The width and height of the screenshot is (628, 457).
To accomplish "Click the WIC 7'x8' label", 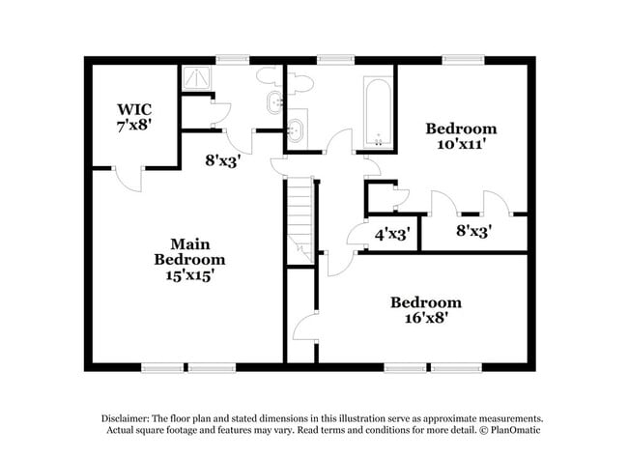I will [134, 117].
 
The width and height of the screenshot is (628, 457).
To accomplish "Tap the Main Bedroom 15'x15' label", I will [190, 259].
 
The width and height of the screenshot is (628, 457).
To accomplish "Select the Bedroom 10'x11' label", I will [461, 136].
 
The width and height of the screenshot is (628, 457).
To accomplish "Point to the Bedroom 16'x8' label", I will [425, 309].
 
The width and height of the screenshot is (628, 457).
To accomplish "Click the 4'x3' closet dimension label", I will [392, 233].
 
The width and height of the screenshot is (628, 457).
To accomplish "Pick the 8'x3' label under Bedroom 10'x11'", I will [474, 231].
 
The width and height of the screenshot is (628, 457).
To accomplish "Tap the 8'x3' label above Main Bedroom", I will [222, 161].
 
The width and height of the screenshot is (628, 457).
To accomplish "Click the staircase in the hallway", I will [301, 217].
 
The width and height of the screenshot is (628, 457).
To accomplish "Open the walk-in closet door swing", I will [128, 180].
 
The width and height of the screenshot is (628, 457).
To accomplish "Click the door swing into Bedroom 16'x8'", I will [305, 328].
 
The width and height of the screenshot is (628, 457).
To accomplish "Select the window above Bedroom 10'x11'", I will [463, 60].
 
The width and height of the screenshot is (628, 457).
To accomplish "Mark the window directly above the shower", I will [230, 60].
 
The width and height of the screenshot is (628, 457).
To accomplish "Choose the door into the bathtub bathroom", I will [338, 142].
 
